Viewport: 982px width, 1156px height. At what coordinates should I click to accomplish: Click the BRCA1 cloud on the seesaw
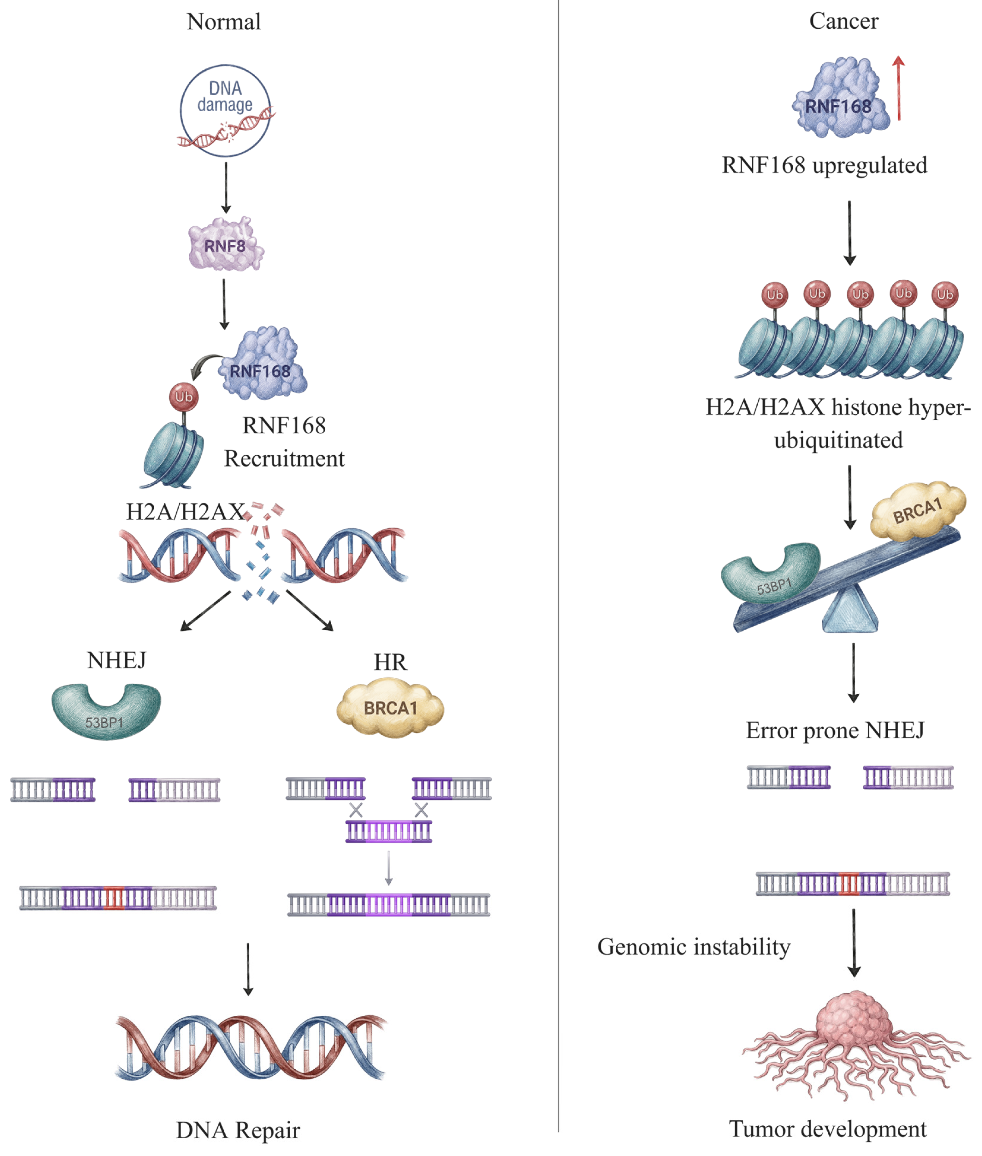tap(917, 511)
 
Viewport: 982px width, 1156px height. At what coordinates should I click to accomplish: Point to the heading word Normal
tap(224, 22)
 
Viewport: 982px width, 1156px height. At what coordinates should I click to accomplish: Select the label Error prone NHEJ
tap(834, 730)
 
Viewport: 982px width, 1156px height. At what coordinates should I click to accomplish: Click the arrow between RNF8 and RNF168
tap(224, 303)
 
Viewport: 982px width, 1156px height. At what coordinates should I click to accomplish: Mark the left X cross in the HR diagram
tap(356, 810)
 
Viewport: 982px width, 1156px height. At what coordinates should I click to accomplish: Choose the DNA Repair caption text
tap(238, 1130)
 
